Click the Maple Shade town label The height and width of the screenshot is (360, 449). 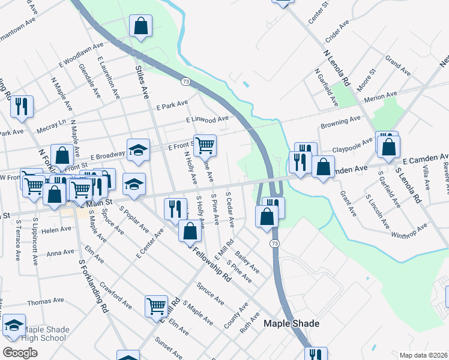292,323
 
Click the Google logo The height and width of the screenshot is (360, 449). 20,352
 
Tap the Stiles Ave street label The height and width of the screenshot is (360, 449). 144,83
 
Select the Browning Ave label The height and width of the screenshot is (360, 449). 340,122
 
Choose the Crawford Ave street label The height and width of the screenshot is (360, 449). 115,295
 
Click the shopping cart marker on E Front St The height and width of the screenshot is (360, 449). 205,145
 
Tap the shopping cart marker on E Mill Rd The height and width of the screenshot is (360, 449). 156,305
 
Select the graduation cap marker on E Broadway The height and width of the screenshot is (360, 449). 137,150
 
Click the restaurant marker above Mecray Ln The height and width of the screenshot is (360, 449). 22,106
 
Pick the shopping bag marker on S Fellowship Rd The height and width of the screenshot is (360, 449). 190,230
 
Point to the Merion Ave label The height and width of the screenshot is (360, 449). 385,95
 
